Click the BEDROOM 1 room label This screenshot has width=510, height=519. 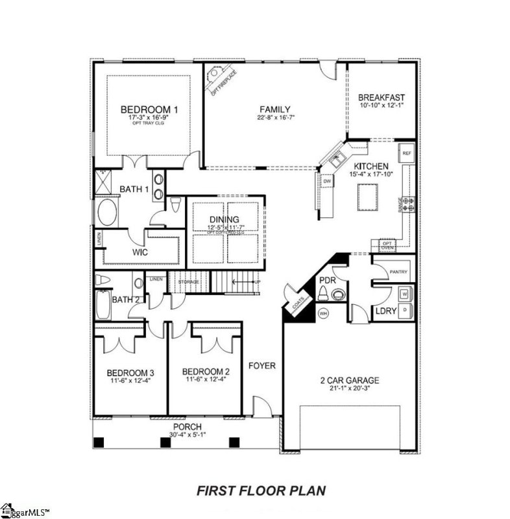pyautogui.click(x=149, y=109)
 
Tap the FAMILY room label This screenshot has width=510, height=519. pyautogui.click(x=275, y=109)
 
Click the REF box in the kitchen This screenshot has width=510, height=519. pyautogui.click(x=407, y=153)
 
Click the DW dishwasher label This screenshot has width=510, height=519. pyautogui.click(x=327, y=182)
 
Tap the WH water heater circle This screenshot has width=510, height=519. pyautogui.click(x=323, y=313)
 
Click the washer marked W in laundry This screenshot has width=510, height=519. pyautogui.click(x=406, y=293)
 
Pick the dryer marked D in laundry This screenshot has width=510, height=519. pyautogui.click(x=406, y=310)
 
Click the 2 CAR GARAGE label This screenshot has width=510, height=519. pyautogui.click(x=349, y=381)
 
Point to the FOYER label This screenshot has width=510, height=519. pyautogui.click(x=262, y=366)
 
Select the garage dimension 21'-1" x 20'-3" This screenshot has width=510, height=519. pyautogui.click(x=349, y=389)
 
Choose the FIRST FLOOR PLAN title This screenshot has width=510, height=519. pyautogui.click(x=261, y=490)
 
